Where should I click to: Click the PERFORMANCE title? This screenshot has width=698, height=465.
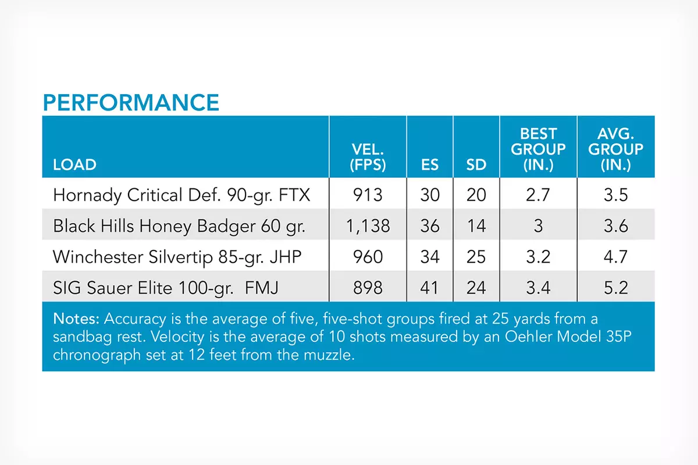point(131,102)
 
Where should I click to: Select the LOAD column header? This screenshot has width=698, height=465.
point(75,164)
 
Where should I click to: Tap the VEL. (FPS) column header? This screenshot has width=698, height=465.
point(368,157)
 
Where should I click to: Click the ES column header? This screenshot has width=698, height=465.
point(430,164)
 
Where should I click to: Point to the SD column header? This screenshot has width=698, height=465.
point(476,164)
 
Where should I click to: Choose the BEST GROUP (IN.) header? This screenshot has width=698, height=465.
point(538,149)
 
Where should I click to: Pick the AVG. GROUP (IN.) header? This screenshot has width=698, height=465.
point(616,149)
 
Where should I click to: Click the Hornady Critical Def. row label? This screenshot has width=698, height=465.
point(181,195)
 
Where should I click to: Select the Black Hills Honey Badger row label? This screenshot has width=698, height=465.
point(179,226)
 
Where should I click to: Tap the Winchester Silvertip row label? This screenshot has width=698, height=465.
point(177,257)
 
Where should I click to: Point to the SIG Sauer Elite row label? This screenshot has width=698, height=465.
point(165,288)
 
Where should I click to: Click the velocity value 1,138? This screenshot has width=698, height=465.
point(368,226)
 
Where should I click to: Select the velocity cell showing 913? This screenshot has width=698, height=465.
point(368,195)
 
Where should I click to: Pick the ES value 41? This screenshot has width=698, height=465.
point(430,288)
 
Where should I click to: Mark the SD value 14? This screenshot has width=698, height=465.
point(476,226)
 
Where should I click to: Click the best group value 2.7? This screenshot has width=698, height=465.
point(538,195)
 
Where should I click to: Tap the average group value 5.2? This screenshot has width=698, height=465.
point(616,288)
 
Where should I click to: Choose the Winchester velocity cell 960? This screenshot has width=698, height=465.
point(368,257)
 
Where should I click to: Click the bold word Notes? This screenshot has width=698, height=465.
point(76,319)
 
